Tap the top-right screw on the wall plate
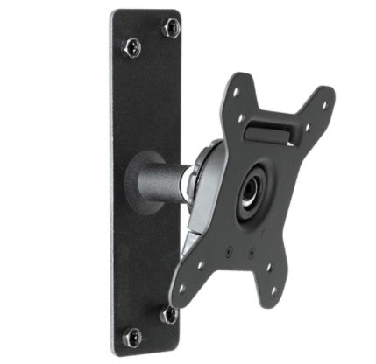click(169, 26)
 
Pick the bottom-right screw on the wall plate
click(169, 312)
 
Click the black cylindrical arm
click(166, 175)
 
